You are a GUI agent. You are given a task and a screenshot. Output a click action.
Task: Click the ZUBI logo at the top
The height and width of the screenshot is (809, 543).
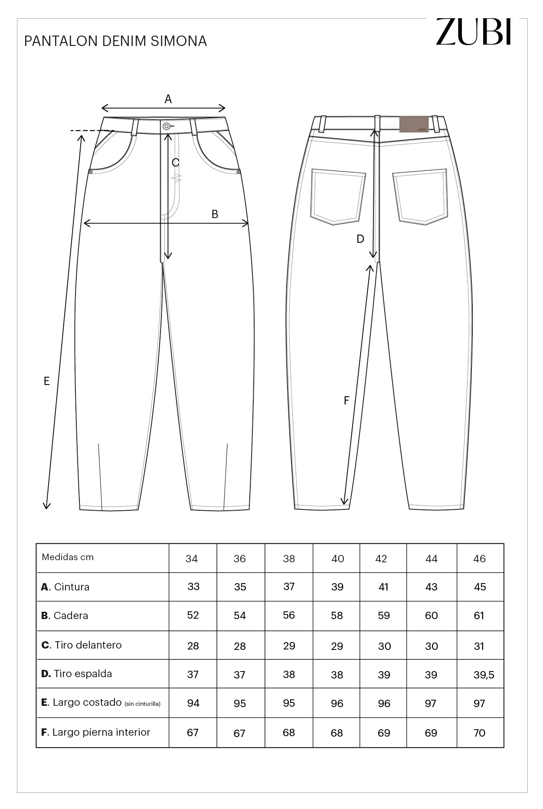pyautogui.click(x=474, y=32)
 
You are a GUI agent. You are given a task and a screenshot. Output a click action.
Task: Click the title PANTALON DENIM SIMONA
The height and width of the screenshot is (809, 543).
pyautogui.click(x=115, y=41)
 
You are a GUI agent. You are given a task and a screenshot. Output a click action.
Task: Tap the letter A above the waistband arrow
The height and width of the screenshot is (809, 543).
pyautogui.click(x=168, y=99)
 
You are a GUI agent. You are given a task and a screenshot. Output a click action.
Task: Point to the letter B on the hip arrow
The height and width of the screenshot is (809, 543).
pyautogui.click(x=215, y=214)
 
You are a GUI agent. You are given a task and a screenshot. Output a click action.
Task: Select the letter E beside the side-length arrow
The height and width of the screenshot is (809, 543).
pyautogui.click(x=46, y=381)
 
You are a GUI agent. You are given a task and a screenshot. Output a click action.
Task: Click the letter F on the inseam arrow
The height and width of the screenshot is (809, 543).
pyautogui.click(x=346, y=401)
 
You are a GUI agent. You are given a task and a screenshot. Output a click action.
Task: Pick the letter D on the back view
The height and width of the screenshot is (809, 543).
pyautogui.click(x=360, y=239)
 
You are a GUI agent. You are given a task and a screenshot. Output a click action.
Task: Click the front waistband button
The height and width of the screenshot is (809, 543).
pyautogui.click(x=167, y=126)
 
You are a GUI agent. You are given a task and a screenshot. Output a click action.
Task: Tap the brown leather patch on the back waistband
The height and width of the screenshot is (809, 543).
pyautogui.click(x=414, y=124)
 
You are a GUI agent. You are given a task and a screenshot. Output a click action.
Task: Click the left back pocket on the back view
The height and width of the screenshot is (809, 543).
pyautogui.click(x=337, y=196)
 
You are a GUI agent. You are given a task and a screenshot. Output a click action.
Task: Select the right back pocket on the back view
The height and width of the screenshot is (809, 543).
pyautogui.click(x=420, y=196)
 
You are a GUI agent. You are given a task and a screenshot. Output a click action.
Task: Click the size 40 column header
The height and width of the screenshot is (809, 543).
pyautogui.click(x=337, y=559)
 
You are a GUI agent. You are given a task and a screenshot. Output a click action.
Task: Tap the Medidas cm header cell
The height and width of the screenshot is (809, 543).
pyautogui.click(x=68, y=557)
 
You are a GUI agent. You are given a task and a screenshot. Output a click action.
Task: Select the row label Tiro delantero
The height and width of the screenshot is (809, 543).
pyautogui.click(x=82, y=645)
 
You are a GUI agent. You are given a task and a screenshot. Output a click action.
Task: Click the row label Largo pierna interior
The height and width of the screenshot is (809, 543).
pyautogui.click(x=95, y=732)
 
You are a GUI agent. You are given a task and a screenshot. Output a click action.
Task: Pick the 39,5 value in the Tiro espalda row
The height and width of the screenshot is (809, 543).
pyautogui.click(x=484, y=675)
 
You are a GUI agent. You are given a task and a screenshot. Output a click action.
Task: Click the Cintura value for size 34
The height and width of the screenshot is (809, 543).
pyautogui.click(x=193, y=587)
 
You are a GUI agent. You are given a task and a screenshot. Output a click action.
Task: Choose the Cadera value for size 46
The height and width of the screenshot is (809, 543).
pyautogui.click(x=479, y=616)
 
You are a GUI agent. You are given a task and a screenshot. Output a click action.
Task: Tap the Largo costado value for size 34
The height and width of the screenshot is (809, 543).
pyautogui.click(x=193, y=703)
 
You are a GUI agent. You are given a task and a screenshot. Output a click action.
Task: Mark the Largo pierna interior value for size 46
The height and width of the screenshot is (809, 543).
pyautogui.click(x=479, y=733)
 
